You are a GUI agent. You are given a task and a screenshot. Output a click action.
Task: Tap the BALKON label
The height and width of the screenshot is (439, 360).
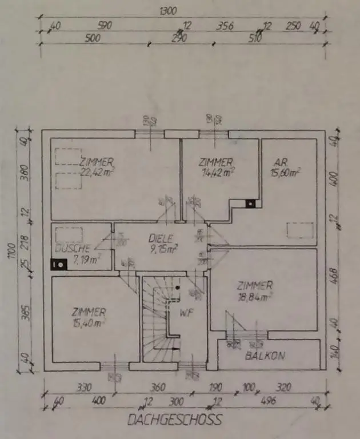(x=265, y=356)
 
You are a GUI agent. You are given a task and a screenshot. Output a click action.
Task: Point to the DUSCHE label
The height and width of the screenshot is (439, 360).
(x=73, y=249)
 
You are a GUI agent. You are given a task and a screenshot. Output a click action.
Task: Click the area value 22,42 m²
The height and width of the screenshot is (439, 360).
(x=97, y=171)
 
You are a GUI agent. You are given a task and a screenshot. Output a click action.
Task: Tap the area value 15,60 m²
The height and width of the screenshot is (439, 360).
(x=286, y=171)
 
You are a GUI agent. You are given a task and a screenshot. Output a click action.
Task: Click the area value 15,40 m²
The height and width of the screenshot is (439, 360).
(x=89, y=323)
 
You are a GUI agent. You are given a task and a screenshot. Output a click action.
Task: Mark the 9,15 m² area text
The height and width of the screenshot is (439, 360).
(x=163, y=249)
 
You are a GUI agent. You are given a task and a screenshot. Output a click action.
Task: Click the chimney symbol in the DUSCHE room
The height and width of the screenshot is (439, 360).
(x=58, y=264)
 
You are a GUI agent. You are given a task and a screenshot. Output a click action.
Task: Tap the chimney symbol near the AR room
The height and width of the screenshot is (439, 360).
(x=250, y=202)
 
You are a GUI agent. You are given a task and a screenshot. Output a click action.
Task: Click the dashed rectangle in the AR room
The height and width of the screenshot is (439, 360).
(x=301, y=229)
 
